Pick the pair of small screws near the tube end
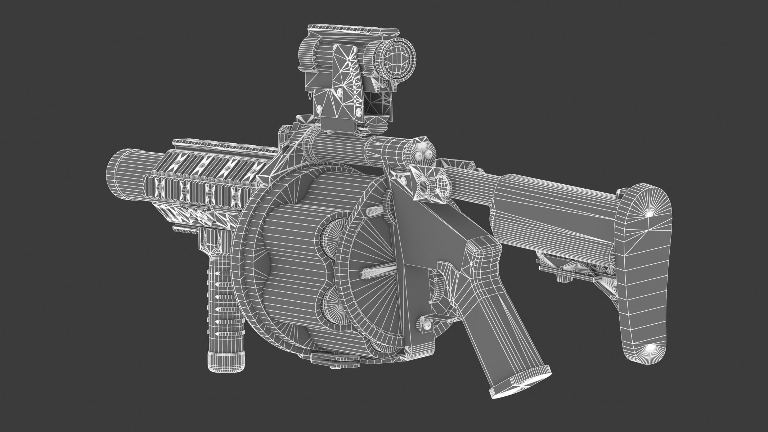tap(423, 155)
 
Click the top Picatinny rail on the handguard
tap(223, 147)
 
